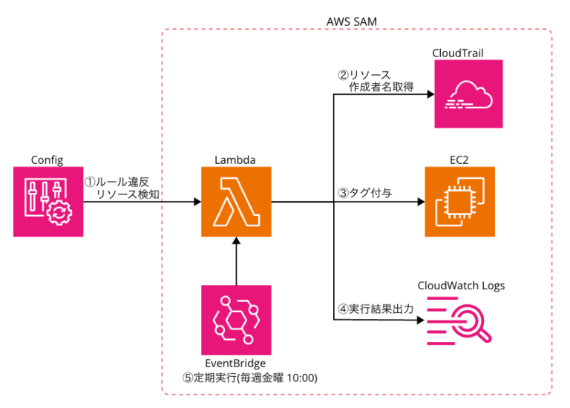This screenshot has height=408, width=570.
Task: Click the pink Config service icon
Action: tap(48, 202)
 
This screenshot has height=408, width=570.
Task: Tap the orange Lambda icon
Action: tap(236, 202)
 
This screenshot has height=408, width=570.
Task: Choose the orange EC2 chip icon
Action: tap(459, 202)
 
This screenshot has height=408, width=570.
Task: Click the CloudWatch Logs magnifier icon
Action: tap(459, 320)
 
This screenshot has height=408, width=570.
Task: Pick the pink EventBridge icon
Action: tap(236, 320)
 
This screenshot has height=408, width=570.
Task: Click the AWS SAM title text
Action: tap(352, 21)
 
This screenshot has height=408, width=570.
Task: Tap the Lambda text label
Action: tap(235, 160)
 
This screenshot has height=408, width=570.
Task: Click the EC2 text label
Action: tap(459, 160)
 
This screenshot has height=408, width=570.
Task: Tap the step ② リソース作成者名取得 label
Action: tap(375, 81)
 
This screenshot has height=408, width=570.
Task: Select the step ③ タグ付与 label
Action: tap(365, 192)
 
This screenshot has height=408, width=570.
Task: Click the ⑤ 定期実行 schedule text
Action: tap(250, 377)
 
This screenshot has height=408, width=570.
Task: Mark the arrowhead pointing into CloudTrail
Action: tap(420, 95)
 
